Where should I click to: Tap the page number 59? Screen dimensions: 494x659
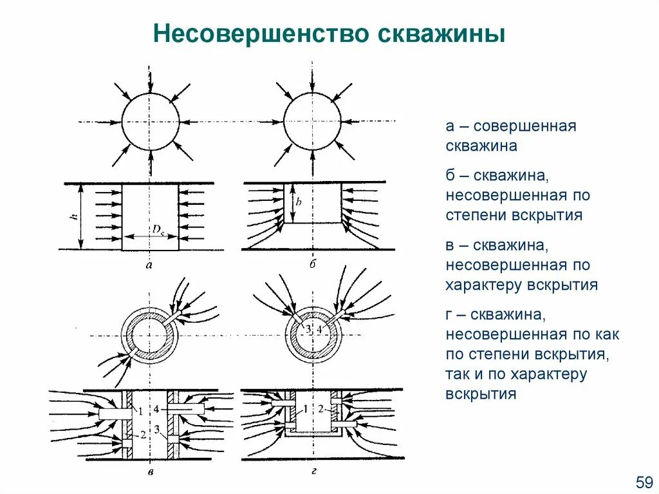point(644,481)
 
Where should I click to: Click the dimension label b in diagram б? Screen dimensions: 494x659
point(299,202)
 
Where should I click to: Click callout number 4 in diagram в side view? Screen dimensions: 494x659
point(157,408)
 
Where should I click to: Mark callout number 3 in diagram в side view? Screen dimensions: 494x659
point(157,430)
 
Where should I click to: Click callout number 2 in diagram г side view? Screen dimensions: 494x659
point(320,410)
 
